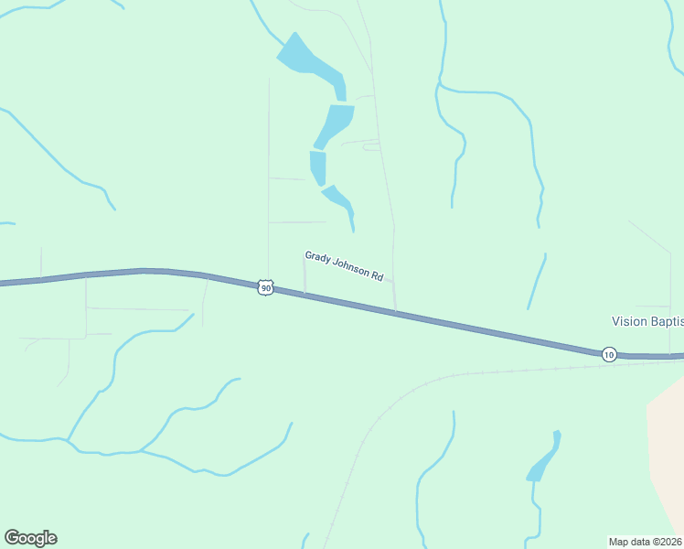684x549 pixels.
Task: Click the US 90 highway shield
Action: pyautogui.click(x=265, y=288)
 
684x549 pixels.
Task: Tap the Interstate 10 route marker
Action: pyautogui.click(x=609, y=354)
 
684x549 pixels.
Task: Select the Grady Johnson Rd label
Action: pyautogui.click(x=344, y=265)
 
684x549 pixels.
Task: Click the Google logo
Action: pyautogui.click(x=30, y=538)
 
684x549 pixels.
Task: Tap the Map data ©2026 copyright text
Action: pyautogui.click(x=646, y=542)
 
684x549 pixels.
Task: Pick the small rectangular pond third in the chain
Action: pyautogui.click(x=318, y=167)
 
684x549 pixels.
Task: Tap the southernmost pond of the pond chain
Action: pyautogui.click(x=337, y=198)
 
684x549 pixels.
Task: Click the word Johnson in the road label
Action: pyautogui.click(x=351, y=267)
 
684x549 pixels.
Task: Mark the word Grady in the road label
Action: pyautogui.click(x=316, y=258)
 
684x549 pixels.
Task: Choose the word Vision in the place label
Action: pyautogui.click(x=628, y=321)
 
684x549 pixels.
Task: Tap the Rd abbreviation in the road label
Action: pyautogui.click(x=377, y=274)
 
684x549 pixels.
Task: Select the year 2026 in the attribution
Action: pyautogui.click(x=670, y=542)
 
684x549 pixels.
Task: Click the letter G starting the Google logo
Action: pyautogui.click(x=12, y=538)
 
